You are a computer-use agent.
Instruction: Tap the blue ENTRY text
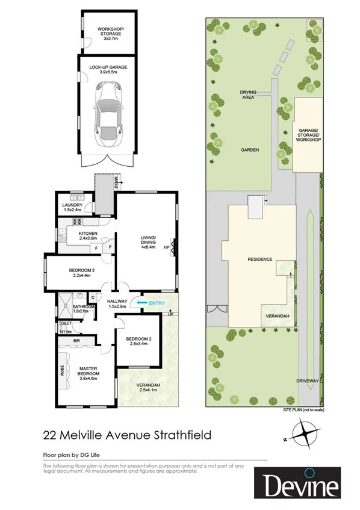[x=157, y=303]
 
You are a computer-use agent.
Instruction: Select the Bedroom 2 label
[x=138, y=341]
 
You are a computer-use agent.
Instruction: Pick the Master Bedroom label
[x=88, y=370]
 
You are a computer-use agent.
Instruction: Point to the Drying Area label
[x=249, y=95]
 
